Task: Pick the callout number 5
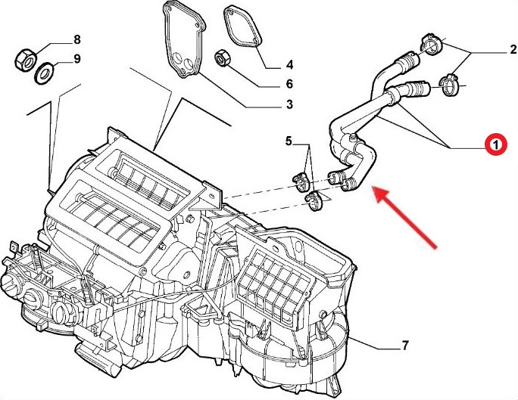(289, 141)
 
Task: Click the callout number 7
(404, 346)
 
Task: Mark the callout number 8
(76, 39)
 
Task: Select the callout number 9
(76, 59)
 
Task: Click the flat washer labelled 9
(44, 72)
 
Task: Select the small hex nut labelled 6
(224, 57)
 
